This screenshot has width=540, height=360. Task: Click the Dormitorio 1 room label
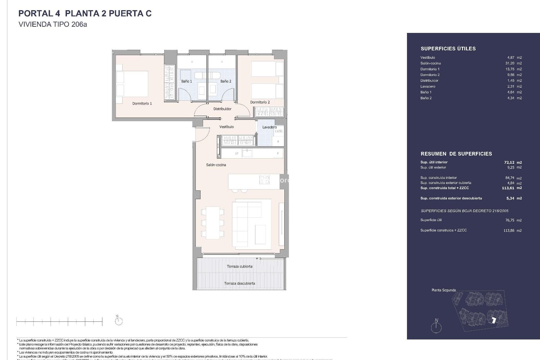tap(142, 103)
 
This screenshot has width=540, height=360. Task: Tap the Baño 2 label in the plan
tap(226, 81)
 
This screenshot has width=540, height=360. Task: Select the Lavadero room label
tap(269, 127)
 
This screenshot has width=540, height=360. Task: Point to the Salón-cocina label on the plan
tap(216, 165)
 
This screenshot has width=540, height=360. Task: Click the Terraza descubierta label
tap(240, 283)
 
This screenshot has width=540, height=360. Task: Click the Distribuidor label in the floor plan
tap(222, 109)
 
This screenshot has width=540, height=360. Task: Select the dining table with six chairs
tap(213, 223)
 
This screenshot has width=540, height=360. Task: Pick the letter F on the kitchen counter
tap(278, 154)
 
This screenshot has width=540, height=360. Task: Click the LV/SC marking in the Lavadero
tap(279, 131)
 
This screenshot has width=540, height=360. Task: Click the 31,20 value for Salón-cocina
tap(510, 63)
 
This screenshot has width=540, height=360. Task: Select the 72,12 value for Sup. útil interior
tap(509, 162)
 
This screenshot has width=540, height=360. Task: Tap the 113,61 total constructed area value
tap(508, 188)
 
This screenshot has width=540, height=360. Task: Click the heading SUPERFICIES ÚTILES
tap(448, 49)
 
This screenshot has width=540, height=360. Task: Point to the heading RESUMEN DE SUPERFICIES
tap(456, 154)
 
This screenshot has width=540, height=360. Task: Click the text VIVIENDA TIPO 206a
tap(53, 24)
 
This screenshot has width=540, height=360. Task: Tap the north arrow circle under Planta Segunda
tap(436, 327)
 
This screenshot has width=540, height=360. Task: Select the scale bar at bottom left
tap(59, 321)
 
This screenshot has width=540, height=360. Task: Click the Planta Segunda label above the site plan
tap(444, 290)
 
